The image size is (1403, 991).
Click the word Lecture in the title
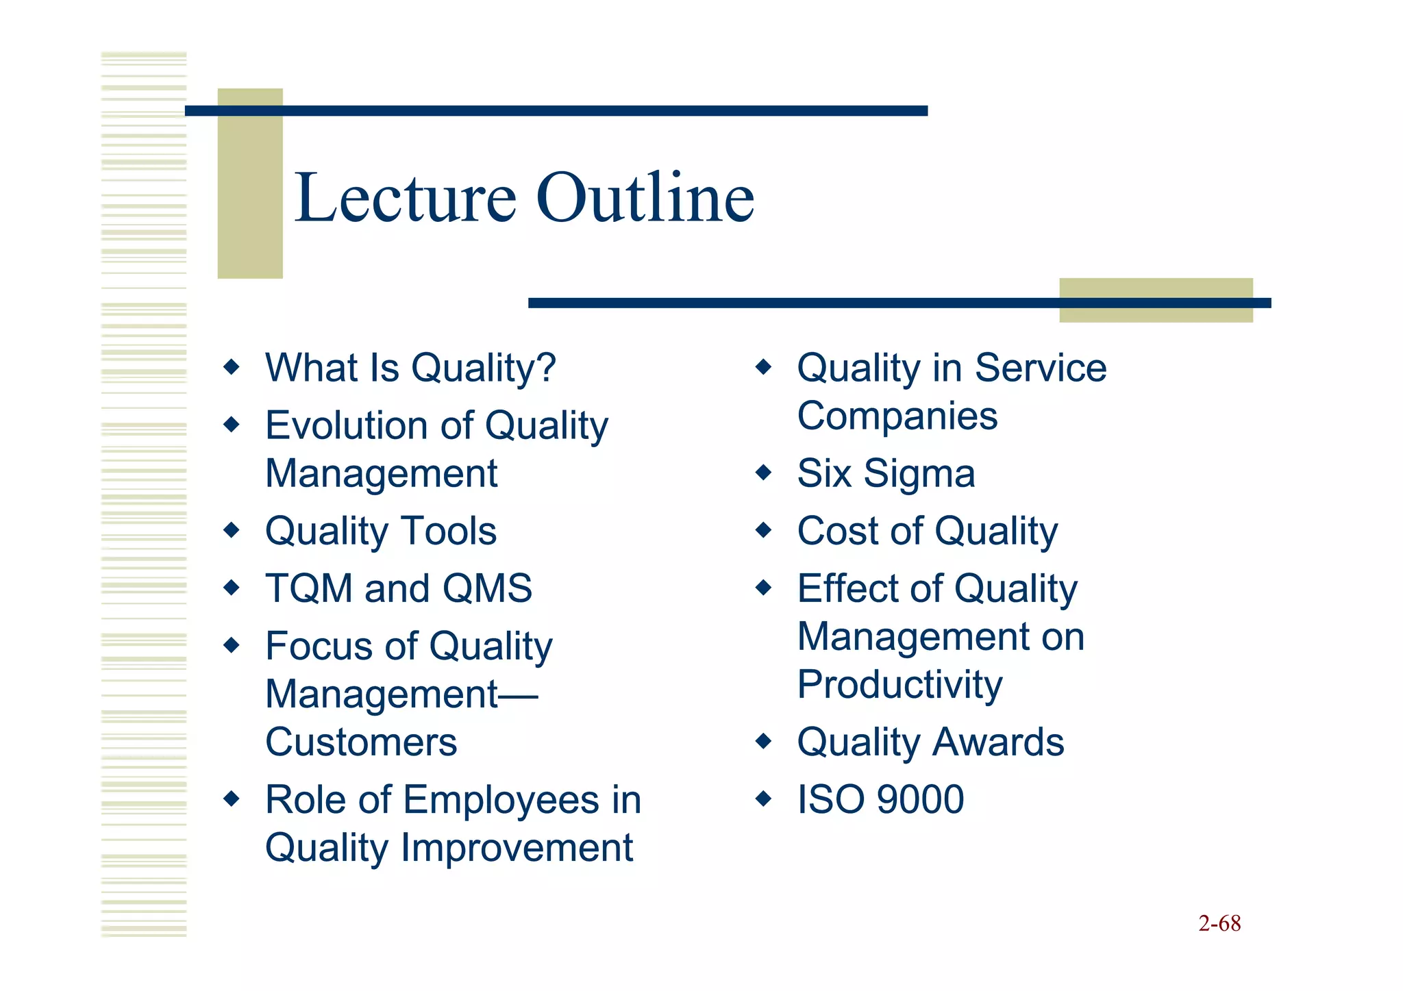point(405,199)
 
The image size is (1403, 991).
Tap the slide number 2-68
point(1219,923)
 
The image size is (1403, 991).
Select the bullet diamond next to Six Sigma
point(763,473)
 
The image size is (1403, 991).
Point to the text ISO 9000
point(880,799)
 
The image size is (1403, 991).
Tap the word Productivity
point(899,685)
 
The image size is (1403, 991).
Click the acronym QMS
point(487,588)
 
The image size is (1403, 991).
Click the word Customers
point(361,742)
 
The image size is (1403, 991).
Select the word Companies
point(897,416)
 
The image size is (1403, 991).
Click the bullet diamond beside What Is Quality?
point(232,367)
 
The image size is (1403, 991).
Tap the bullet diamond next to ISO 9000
point(763,799)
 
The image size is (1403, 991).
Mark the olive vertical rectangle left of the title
point(250,184)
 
